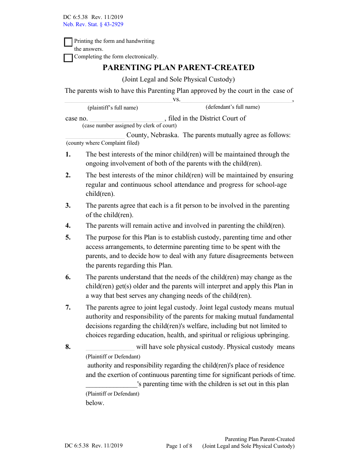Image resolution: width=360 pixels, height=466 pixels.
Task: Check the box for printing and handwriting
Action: click(x=68, y=42)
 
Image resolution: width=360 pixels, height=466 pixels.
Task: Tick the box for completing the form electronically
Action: click(x=68, y=58)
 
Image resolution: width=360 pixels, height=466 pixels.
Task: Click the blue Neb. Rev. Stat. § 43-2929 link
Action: click(x=93, y=24)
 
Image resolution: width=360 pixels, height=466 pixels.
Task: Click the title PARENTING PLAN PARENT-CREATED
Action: click(x=178, y=67)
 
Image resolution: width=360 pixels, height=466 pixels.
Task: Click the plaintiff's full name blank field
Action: click(x=118, y=99)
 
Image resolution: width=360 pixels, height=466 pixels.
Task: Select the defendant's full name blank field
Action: click(x=236, y=99)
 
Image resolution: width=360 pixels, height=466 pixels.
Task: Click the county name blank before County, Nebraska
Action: click(x=95, y=135)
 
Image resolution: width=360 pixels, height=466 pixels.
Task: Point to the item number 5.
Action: click(x=68, y=238)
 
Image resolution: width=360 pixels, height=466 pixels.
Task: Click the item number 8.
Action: click(x=68, y=347)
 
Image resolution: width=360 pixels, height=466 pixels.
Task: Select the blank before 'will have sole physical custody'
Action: click(x=110, y=347)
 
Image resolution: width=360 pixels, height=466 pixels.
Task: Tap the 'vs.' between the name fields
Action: click(x=177, y=100)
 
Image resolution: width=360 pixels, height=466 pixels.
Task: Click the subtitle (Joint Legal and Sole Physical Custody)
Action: click(x=178, y=79)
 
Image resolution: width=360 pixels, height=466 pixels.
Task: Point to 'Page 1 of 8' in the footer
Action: click(x=179, y=446)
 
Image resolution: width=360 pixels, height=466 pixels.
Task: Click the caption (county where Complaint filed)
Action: click(x=103, y=143)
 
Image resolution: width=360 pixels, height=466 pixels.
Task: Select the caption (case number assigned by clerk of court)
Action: click(x=129, y=125)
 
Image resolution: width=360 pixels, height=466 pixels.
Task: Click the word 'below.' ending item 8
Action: click(x=95, y=403)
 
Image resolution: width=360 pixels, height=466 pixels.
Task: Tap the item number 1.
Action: click(x=68, y=154)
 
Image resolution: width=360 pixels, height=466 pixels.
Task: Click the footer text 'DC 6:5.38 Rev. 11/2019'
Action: click(x=93, y=446)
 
